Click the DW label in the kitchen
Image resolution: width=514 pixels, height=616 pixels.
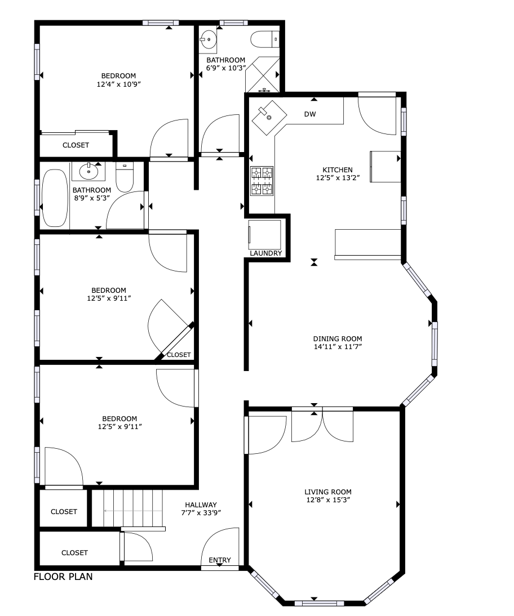(310, 114)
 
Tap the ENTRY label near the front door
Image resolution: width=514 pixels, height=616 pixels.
(220, 560)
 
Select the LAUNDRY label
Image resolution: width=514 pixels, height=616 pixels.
(266, 253)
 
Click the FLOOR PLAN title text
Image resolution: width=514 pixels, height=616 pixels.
(63, 577)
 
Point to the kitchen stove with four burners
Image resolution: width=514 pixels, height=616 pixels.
(262, 181)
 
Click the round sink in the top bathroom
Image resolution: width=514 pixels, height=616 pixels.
(209, 39)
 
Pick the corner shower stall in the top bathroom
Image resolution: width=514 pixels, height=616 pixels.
(263, 75)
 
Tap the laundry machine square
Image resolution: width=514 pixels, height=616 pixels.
(265, 234)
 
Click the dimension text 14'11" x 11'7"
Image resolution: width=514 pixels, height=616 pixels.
(338, 346)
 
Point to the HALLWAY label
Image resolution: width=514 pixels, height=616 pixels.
(200, 505)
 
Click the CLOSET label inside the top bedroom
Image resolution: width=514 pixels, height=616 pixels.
(76, 145)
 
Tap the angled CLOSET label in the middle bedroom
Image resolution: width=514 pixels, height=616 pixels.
(179, 355)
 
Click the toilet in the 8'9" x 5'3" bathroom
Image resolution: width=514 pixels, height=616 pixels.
(124, 178)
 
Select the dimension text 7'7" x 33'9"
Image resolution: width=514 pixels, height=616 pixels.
(201, 512)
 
